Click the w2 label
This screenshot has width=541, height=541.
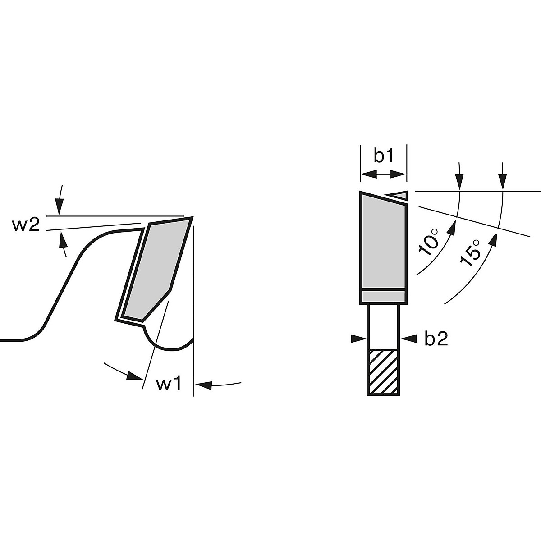click(x=26, y=225)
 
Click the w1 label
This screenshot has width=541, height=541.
click(x=169, y=384)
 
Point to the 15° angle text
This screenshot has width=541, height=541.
click(x=470, y=252)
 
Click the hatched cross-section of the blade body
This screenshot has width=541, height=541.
click(x=384, y=372)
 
